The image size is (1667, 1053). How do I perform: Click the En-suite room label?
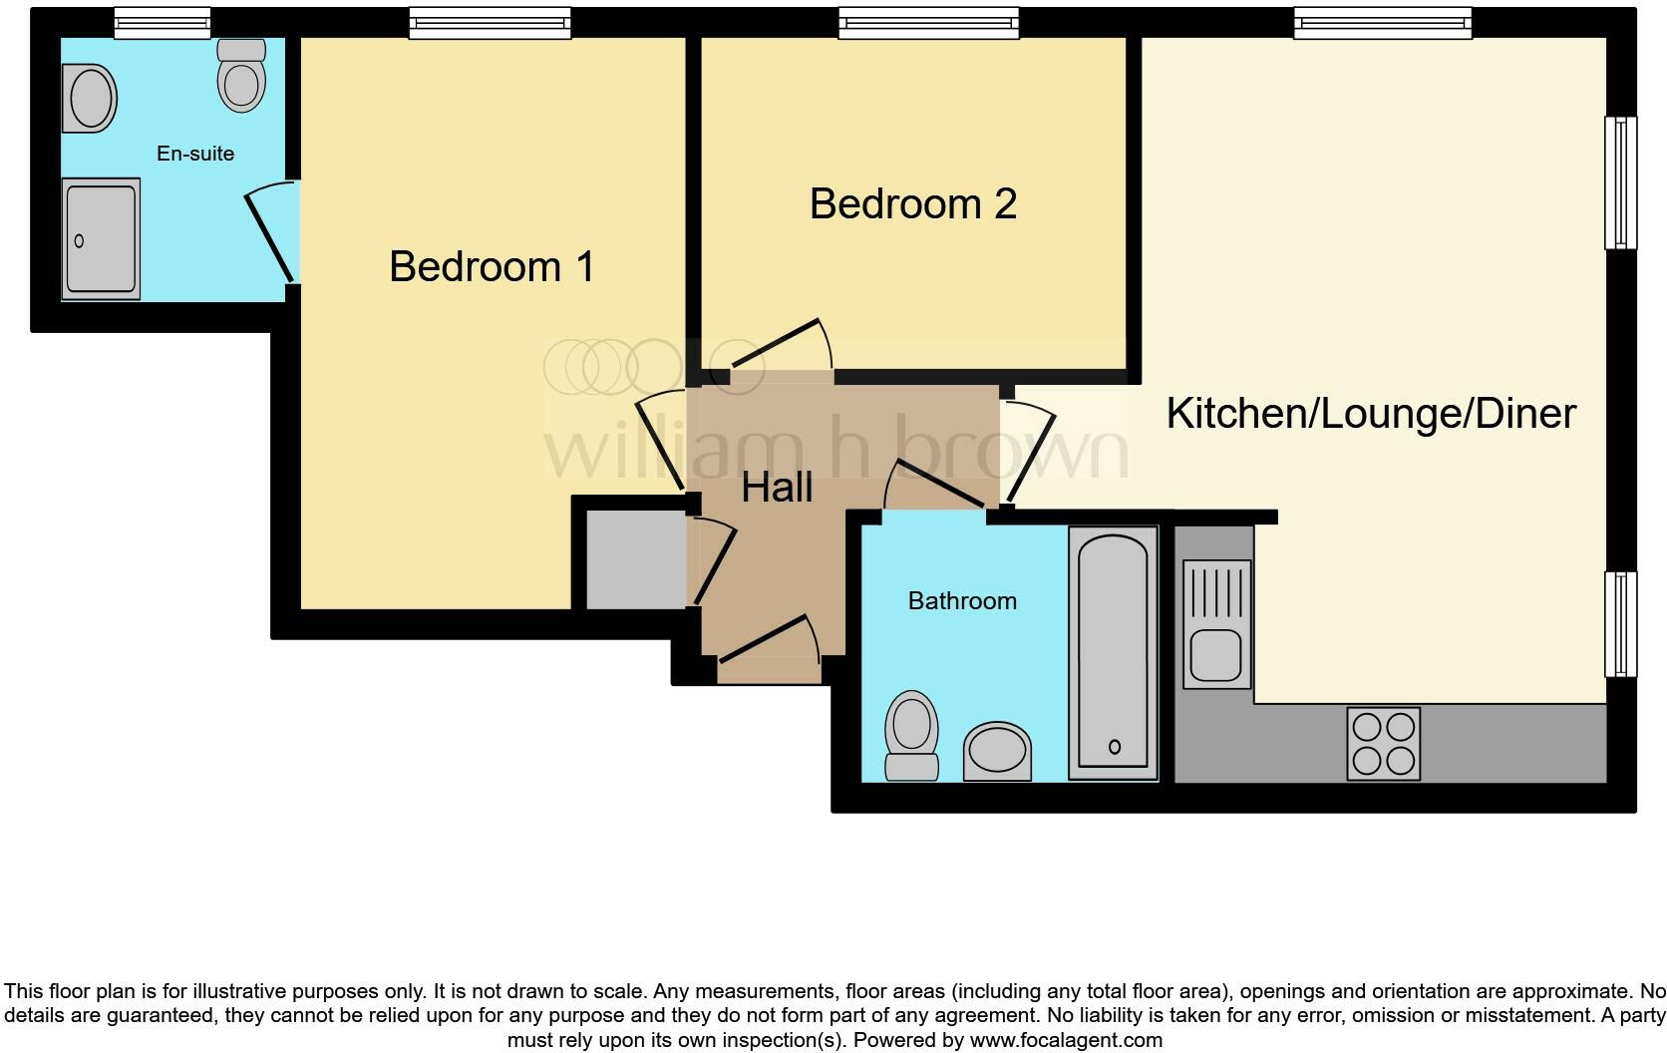pyautogui.click(x=195, y=154)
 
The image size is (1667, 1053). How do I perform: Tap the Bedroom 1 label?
pyautogui.click(x=492, y=266)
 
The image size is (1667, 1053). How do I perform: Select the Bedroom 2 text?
pyautogui.click(x=912, y=204)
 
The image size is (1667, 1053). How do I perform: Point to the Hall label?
pyautogui.click(x=777, y=488)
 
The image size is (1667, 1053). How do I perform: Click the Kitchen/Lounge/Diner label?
pyautogui.click(x=1371, y=414)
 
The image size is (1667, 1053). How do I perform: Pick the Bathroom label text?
pyautogui.click(x=962, y=600)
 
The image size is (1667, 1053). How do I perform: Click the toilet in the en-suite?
pyautogui.click(x=241, y=76)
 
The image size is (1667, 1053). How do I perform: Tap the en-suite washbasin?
pyautogui.click(x=89, y=98)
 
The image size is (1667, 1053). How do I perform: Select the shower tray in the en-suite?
pyautogui.click(x=101, y=239)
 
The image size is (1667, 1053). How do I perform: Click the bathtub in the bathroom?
pyautogui.click(x=1113, y=653)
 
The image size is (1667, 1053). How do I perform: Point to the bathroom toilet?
pyautogui.click(x=911, y=735)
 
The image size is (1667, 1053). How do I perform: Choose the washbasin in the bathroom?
pyautogui.click(x=997, y=752)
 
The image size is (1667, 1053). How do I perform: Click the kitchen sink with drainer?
pyautogui.click(x=1216, y=624)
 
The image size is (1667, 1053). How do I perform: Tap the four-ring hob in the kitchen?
pyautogui.click(x=1383, y=743)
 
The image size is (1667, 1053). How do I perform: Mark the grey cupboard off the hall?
pyautogui.click(x=635, y=559)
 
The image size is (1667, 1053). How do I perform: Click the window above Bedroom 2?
pyautogui.click(x=928, y=23)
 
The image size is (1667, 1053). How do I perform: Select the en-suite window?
pyautogui.click(x=162, y=23)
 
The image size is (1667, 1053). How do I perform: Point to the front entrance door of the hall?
pyautogui.click(x=768, y=643)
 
